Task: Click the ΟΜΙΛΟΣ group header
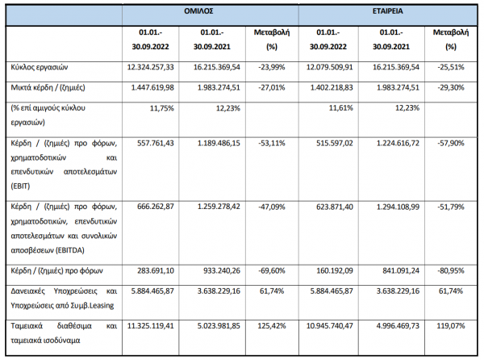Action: tap(198, 11)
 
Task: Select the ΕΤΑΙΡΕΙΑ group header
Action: tap(387, 11)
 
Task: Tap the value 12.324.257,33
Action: tap(150, 67)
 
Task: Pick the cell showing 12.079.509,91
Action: tap(329, 67)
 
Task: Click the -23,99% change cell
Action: tap(272, 67)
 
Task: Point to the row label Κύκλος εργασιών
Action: tap(40, 68)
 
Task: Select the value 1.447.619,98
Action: tap(152, 88)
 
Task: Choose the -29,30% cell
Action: tap(451, 88)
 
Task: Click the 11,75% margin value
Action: tap(162, 108)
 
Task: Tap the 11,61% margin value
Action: tap(340, 108)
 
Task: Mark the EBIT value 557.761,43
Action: tap(155, 143)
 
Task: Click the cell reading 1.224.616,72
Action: tap(398, 143)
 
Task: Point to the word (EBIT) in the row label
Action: tap(20, 186)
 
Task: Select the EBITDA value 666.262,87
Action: tap(155, 207)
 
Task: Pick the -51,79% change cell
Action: tap(451, 207)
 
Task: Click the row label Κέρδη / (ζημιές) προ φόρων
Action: tap(56, 270)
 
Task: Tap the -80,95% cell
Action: tap(451, 270)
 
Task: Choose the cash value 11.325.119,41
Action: tap(150, 326)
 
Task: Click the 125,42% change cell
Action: tap(272, 326)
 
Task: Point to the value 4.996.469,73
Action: tap(398, 326)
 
